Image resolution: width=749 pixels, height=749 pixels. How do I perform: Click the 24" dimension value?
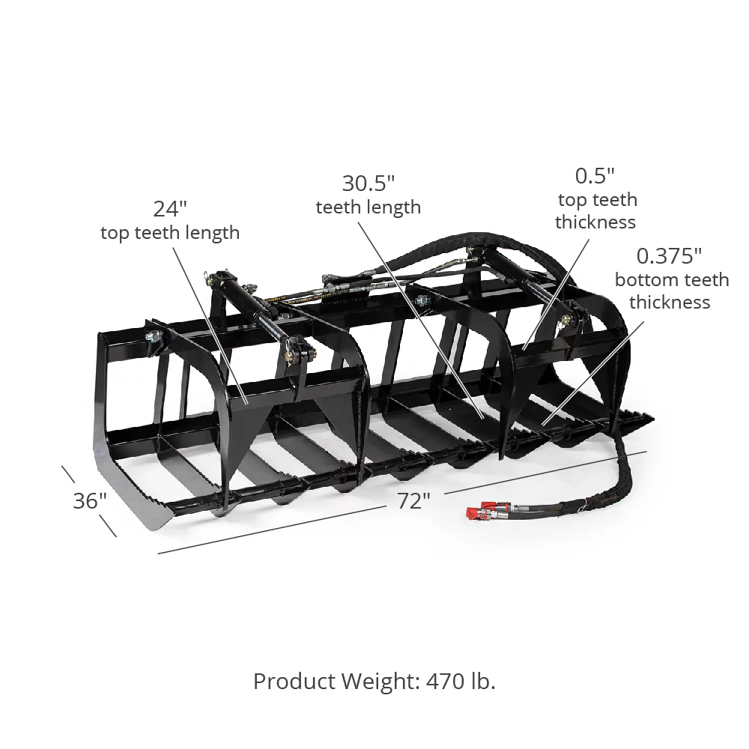pyautogui.click(x=170, y=208)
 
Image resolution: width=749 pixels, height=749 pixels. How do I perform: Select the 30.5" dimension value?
pyautogui.click(x=368, y=183)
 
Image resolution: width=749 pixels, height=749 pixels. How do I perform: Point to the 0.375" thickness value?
pyautogui.click(x=669, y=256)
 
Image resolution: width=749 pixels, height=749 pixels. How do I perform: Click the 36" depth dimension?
pyautogui.click(x=90, y=500)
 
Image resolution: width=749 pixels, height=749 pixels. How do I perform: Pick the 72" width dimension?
pyautogui.click(x=410, y=500)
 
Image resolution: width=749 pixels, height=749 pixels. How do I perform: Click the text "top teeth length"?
pyautogui.click(x=170, y=232)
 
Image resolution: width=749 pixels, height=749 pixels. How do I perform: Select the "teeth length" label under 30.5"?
pyautogui.click(x=368, y=207)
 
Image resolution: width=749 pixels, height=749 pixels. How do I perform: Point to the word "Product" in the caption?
pyautogui.click(x=294, y=681)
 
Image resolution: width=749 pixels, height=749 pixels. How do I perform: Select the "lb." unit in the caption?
pyautogui.click(x=482, y=681)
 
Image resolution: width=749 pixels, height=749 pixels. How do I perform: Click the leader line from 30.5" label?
pyautogui.click(x=424, y=315)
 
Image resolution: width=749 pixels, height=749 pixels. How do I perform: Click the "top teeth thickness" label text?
pyautogui.click(x=595, y=210)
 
